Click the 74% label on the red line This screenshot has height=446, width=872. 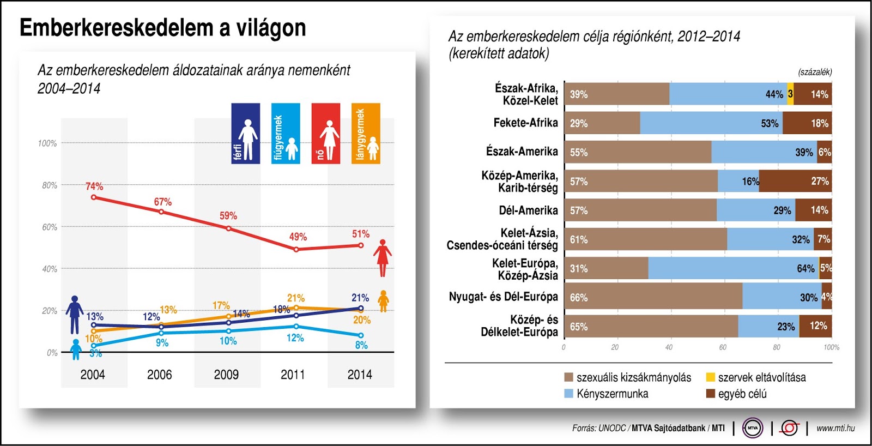coord(94,186)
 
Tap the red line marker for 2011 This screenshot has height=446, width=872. coord(296,249)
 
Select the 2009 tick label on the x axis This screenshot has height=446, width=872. coord(226,375)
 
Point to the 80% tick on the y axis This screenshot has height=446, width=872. coord(50,185)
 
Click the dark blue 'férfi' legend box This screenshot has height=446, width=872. coord(245,134)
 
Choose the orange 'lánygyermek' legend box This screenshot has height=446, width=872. coord(366,134)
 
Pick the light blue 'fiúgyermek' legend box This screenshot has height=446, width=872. coord(286,134)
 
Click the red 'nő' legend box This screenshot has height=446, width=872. coord(326,134)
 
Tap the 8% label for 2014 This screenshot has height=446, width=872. coord(361,345)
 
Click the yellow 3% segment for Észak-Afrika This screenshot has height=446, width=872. coord(790,94)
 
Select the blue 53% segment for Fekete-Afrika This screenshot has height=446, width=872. coord(711,123)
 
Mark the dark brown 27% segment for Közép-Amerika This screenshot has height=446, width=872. coord(795,181)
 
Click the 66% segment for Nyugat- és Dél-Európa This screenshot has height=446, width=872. coord(653,298)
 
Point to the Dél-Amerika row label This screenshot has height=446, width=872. coord(528,210)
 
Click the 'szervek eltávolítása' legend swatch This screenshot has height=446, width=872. coord(711,377)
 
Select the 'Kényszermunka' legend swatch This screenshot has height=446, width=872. coord(569,394)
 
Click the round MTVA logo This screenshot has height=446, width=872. coord(753,428)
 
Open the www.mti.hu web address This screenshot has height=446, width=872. coord(835,429)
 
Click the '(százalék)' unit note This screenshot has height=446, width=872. coord(815,72)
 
